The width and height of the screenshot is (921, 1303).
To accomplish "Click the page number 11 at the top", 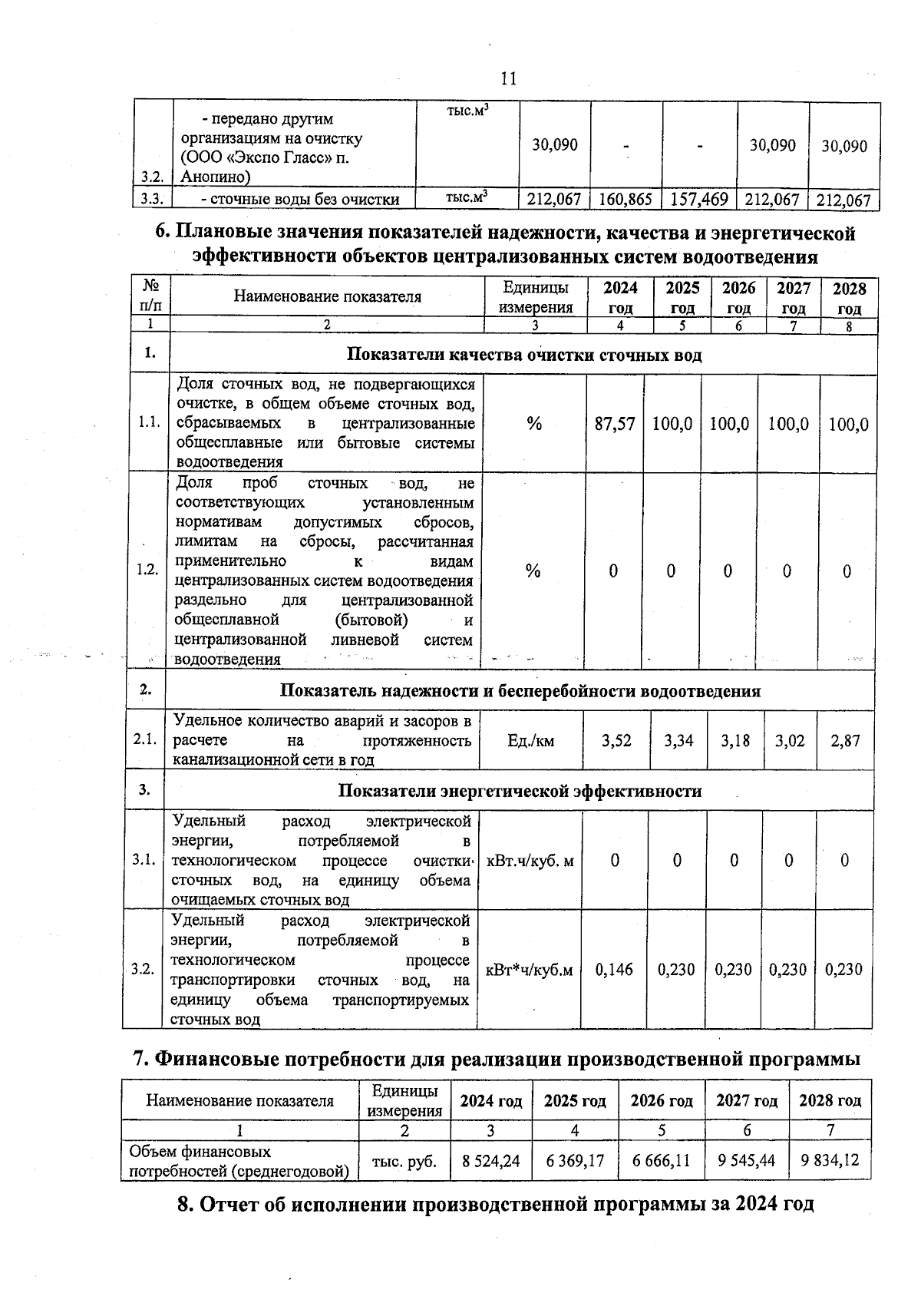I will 508,78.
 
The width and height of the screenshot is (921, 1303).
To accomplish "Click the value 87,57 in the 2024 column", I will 615,424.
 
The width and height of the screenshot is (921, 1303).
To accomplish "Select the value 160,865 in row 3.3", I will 626,200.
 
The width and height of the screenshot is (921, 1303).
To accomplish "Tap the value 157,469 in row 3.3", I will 699,200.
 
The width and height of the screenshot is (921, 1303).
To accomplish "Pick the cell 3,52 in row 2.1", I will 616,740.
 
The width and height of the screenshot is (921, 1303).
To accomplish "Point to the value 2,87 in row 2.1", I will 845,740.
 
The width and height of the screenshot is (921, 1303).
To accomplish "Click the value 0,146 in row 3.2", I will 614,969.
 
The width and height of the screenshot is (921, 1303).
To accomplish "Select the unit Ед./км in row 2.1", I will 530,740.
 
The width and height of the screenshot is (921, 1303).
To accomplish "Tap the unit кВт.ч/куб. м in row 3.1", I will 530,861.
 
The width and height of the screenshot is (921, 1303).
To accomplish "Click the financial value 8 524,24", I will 490,1161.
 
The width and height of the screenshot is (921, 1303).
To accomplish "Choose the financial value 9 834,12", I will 830,1161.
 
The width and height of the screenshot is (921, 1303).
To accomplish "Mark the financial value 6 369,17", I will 575,1161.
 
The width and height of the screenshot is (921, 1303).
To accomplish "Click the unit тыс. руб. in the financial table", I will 404,1161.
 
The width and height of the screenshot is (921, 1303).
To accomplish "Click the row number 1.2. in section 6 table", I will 147,570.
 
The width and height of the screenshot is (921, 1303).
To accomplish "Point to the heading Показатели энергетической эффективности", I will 520,791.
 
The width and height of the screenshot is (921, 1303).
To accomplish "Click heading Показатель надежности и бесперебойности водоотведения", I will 520,690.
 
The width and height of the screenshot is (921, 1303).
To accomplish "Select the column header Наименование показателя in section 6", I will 327,297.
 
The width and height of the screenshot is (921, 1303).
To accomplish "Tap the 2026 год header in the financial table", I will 661,1100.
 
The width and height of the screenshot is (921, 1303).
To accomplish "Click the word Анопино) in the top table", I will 216,178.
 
